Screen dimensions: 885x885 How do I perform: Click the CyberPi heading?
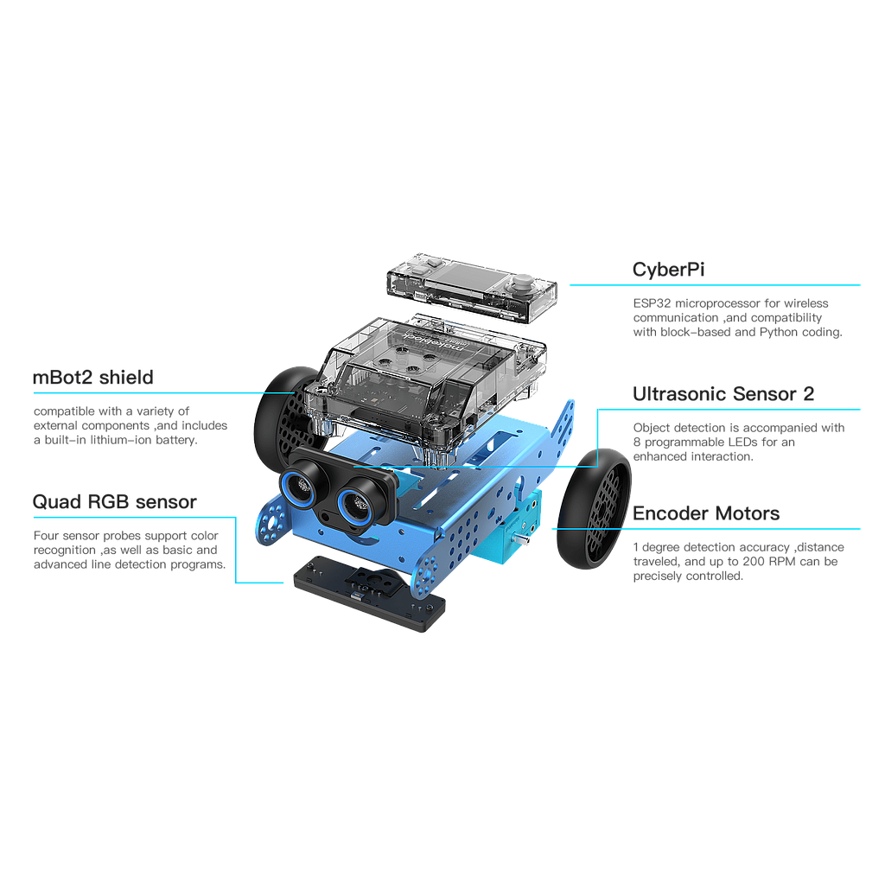(x=669, y=270)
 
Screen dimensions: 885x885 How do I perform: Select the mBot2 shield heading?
(x=92, y=378)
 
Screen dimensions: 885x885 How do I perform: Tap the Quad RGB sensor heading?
(x=114, y=502)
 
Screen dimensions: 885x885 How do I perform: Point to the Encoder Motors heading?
(x=706, y=513)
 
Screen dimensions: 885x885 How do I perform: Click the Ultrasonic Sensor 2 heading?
(x=723, y=394)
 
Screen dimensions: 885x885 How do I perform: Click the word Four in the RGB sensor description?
(x=44, y=535)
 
